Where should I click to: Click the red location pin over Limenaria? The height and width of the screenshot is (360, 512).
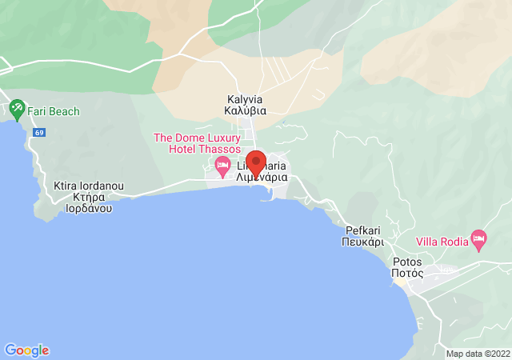point(255,162)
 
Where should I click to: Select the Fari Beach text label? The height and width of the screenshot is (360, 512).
point(54,111)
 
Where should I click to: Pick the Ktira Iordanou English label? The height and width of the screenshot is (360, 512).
point(88,186)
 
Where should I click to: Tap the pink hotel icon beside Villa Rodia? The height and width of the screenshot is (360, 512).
point(479,238)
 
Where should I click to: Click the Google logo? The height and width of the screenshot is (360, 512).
point(27,350)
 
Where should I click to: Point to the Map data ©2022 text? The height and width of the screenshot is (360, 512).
point(478,354)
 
